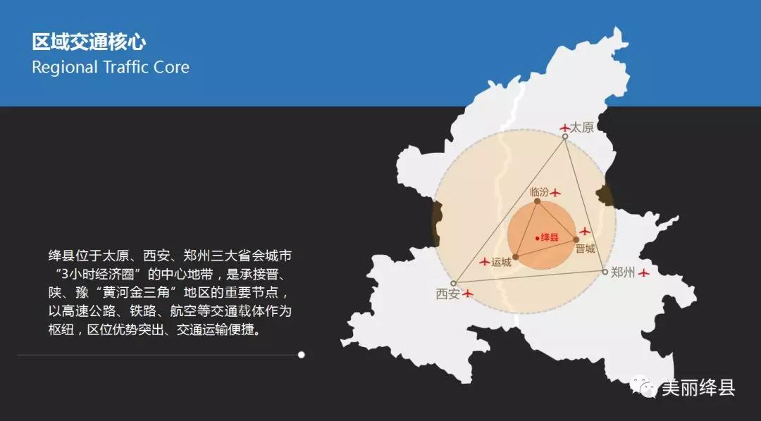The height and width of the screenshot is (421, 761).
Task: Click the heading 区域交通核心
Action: click(89, 42)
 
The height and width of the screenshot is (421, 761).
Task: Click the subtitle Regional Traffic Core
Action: click(111, 67)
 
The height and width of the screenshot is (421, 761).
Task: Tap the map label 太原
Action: click(581, 127)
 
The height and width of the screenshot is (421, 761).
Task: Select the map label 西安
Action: click(447, 294)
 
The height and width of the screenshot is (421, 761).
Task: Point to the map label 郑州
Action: click(623, 272)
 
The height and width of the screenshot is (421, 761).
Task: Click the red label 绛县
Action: click(550, 238)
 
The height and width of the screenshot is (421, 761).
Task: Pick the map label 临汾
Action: click(539, 192)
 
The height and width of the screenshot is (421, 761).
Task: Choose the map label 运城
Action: click(501, 263)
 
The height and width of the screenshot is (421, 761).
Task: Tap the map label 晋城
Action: click(585, 249)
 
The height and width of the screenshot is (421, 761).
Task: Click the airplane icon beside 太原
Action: click(564, 128)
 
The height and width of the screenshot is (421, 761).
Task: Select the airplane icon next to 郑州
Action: click(643, 273)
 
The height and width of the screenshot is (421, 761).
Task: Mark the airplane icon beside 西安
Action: click(467, 294)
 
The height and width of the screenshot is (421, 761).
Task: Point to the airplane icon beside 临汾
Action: click(555, 193)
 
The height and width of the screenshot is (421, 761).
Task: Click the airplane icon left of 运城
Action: click(484, 262)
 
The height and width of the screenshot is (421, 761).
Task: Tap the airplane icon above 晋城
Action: click(585, 232)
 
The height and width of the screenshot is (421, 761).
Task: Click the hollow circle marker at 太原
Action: click(565, 137)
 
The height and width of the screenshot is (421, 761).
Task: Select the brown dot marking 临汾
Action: click(537, 201)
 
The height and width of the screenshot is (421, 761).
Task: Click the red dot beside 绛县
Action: click(537, 238)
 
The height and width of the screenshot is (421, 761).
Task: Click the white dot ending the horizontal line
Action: click(302, 355)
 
